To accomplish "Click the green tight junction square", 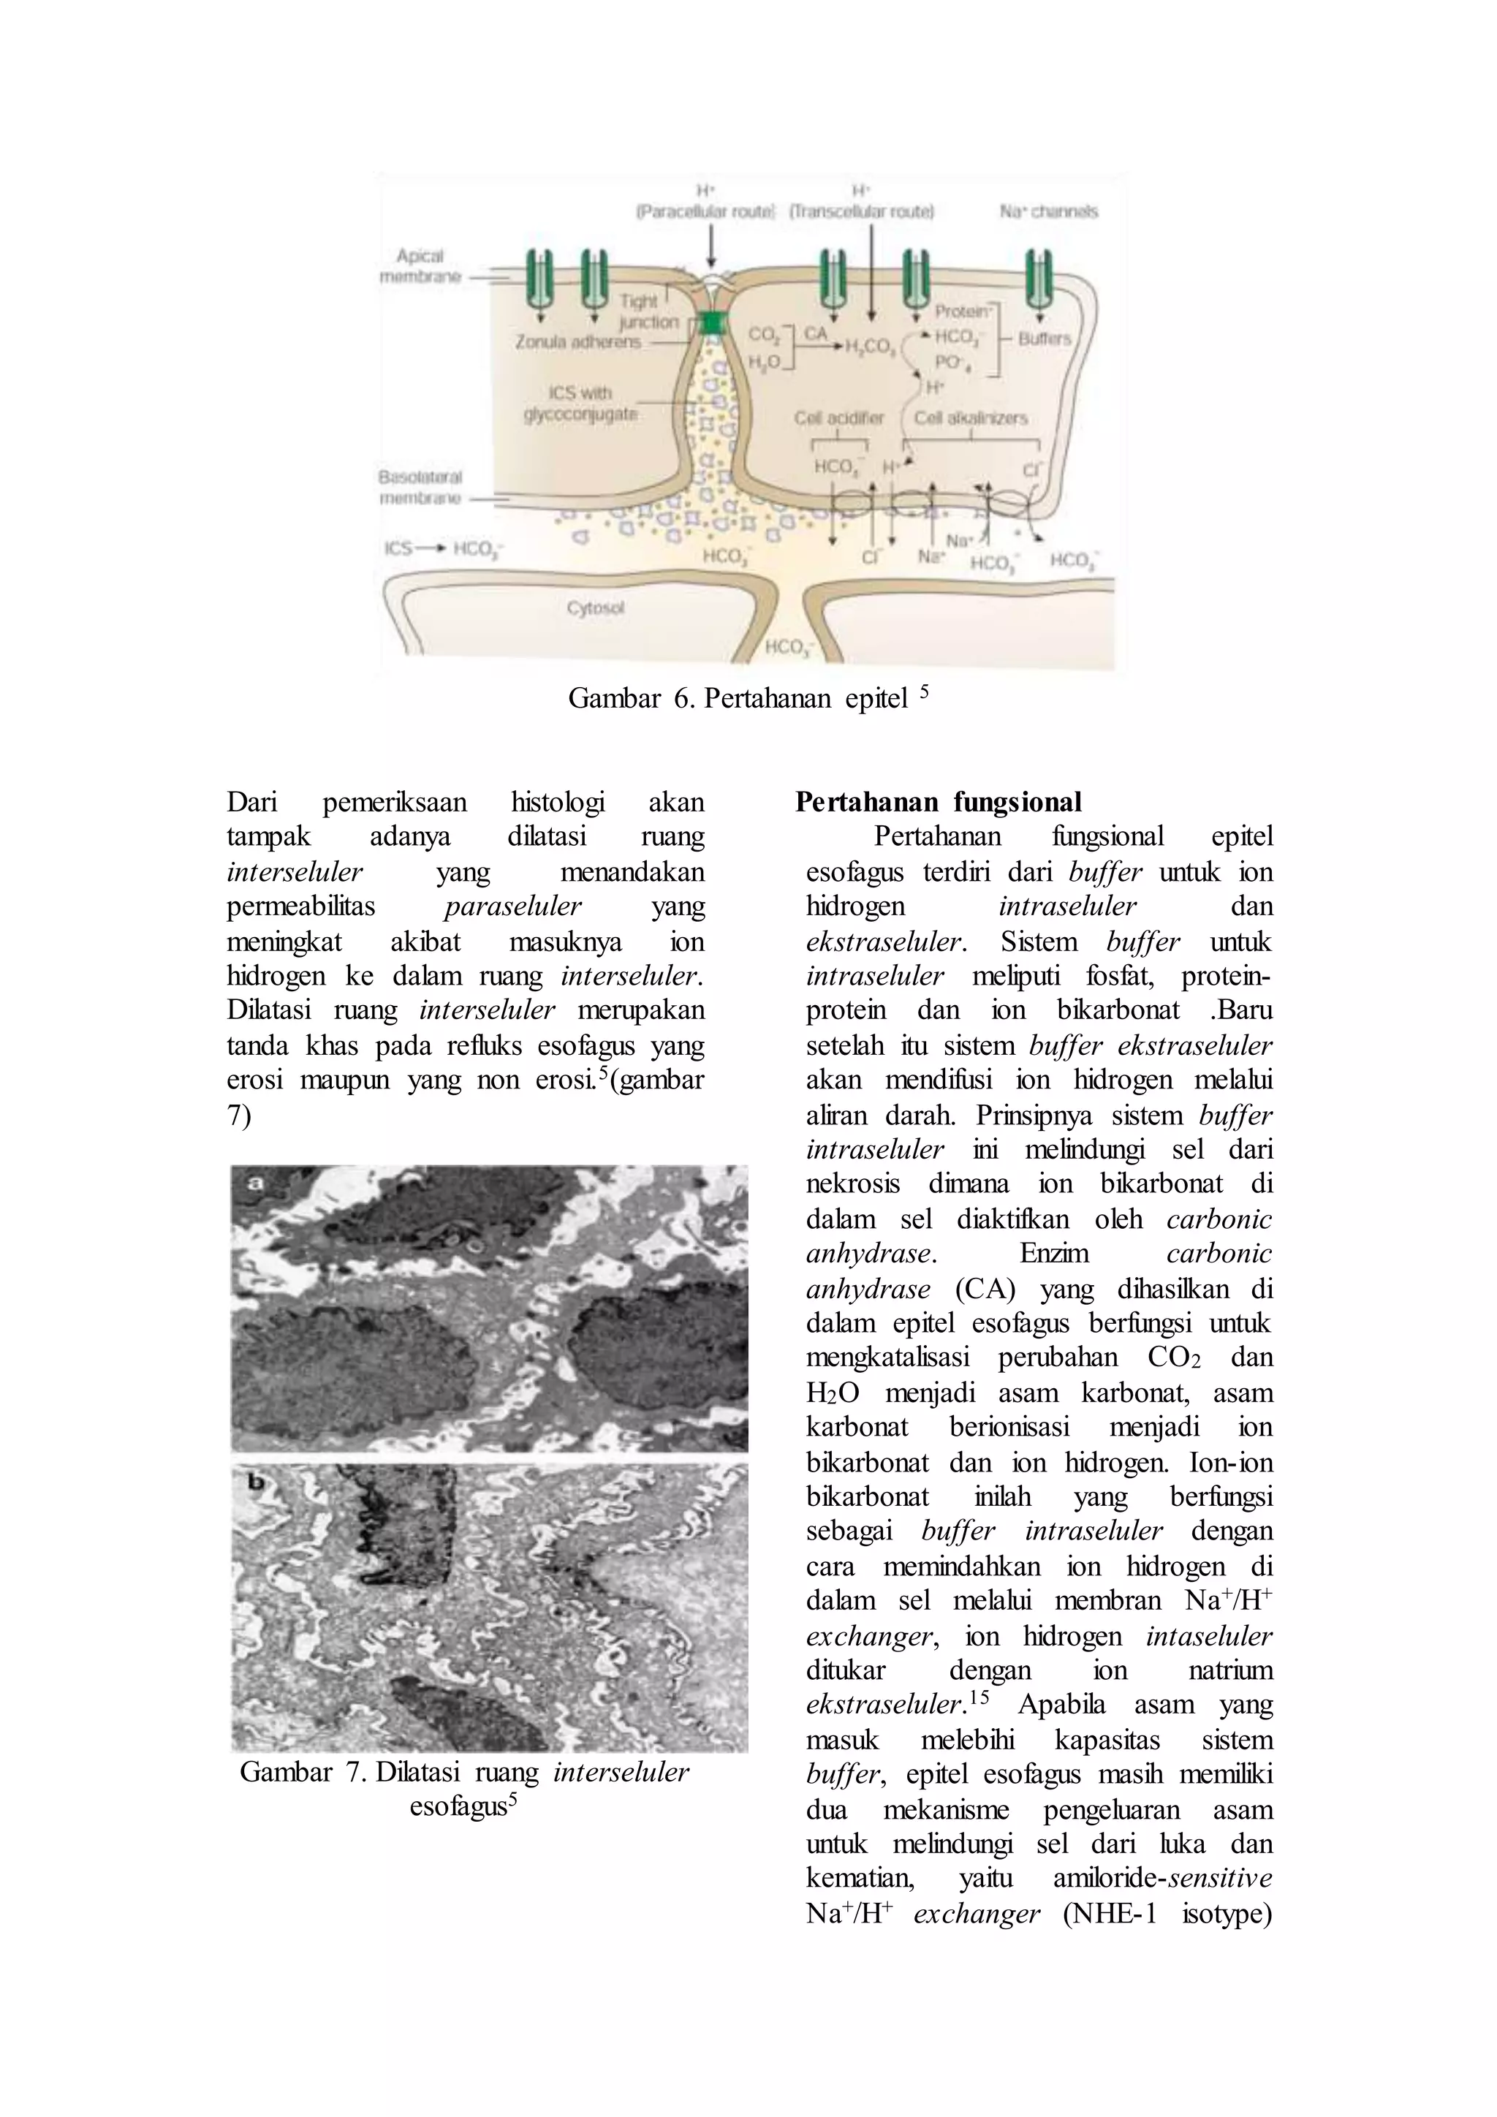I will click(713, 322).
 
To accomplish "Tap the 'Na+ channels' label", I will click(1049, 211).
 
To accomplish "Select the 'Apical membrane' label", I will click(420, 265).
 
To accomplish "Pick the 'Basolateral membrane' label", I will click(420, 487).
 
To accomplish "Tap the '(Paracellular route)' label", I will click(706, 211).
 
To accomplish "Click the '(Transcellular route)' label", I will click(861, 211).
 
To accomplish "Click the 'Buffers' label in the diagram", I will click(1045, 338).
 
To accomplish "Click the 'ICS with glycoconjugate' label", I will click(580, 403).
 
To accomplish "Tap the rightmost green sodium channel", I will click(1040, 279).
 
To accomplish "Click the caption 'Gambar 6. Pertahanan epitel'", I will click(746, 698).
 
